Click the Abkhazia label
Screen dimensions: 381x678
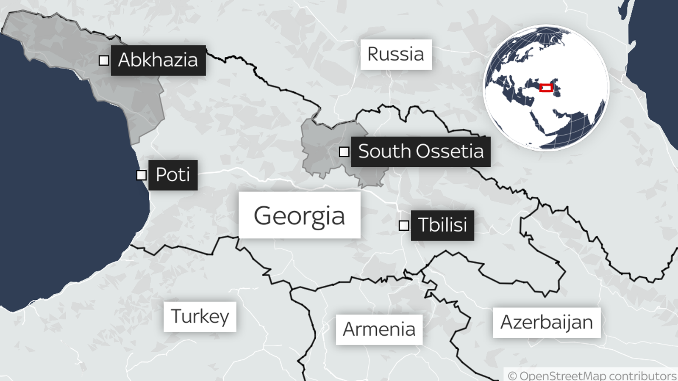158,60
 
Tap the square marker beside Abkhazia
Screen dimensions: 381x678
104,61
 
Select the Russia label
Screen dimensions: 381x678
396,54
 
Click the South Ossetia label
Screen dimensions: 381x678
420,152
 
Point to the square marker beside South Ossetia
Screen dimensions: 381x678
344,152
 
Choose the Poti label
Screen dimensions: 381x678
173,175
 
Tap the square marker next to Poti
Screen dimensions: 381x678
142,175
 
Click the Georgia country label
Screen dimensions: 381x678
299,215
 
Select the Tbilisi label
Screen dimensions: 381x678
442,225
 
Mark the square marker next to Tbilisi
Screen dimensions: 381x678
404,225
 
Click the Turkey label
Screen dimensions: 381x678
200,317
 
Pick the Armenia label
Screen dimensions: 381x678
379,329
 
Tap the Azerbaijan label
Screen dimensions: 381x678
547,323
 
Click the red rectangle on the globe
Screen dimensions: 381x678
546,88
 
